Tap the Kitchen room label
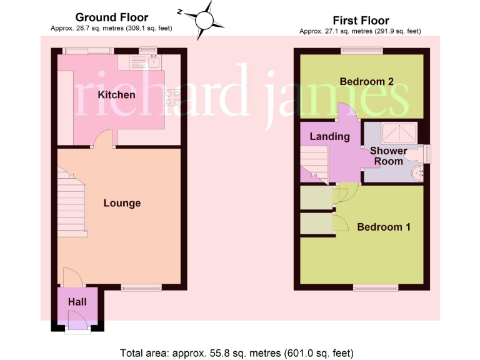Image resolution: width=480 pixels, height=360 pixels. (x=116, y=95)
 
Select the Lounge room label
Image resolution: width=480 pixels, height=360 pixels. (x=122, y=203)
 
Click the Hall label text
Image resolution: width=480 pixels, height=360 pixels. (x=77, y=302)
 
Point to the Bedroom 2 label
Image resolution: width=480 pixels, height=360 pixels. (x=366, y=82)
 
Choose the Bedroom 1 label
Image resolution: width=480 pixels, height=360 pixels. (x=383, y=227)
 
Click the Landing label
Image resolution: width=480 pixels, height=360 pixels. (x=329, y=136)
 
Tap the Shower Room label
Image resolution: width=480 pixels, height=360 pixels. (x=388, y=156)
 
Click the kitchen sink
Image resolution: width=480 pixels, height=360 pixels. (x=153, y=61)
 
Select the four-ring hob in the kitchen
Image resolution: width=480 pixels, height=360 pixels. (x=172, y=97)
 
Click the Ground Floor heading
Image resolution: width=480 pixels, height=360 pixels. (x=111, y=17)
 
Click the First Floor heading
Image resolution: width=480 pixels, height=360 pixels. (x=361, y=21)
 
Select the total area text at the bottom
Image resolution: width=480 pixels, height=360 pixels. (x=240, y=352)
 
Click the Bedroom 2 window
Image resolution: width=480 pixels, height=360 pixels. (x=361, y=51)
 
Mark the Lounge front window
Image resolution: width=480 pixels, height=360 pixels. (x=141, y=287)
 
